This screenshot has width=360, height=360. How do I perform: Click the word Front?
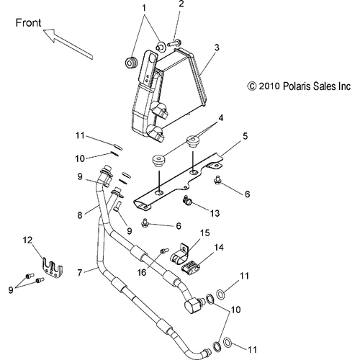(28, 23)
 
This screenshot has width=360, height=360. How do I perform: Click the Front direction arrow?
(68, 44)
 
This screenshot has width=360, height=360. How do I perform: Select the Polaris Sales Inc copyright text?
(299, 86)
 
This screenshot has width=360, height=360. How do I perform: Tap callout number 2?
(181, 4)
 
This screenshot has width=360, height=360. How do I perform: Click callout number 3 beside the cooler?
(217, 48)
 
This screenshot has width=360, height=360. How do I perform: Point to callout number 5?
(245, 136)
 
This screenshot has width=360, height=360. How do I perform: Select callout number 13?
(215, 213)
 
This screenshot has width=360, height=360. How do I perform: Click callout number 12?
(28, 240)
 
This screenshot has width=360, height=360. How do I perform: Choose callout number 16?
(142, 272)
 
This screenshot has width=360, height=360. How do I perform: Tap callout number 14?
(219, 248)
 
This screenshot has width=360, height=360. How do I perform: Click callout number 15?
(205, 233)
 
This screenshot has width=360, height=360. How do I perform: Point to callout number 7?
(80, 272)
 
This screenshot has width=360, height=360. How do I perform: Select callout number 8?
(80, 215)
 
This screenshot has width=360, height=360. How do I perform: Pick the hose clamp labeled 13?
(187, 201)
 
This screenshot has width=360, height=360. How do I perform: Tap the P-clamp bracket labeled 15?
(180, 254)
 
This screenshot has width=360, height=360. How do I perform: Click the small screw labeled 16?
(163, 251)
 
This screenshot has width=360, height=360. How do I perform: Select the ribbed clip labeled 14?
(190, 268)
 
